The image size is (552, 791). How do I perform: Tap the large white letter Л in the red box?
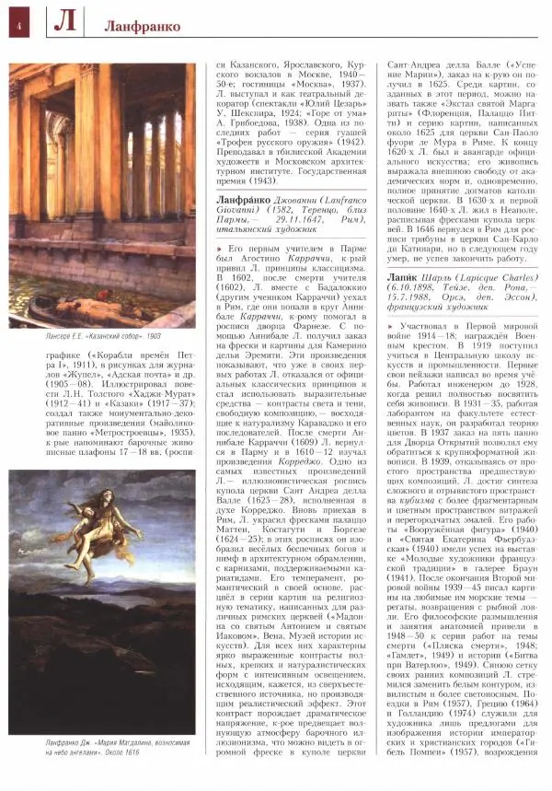pos(63,24)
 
